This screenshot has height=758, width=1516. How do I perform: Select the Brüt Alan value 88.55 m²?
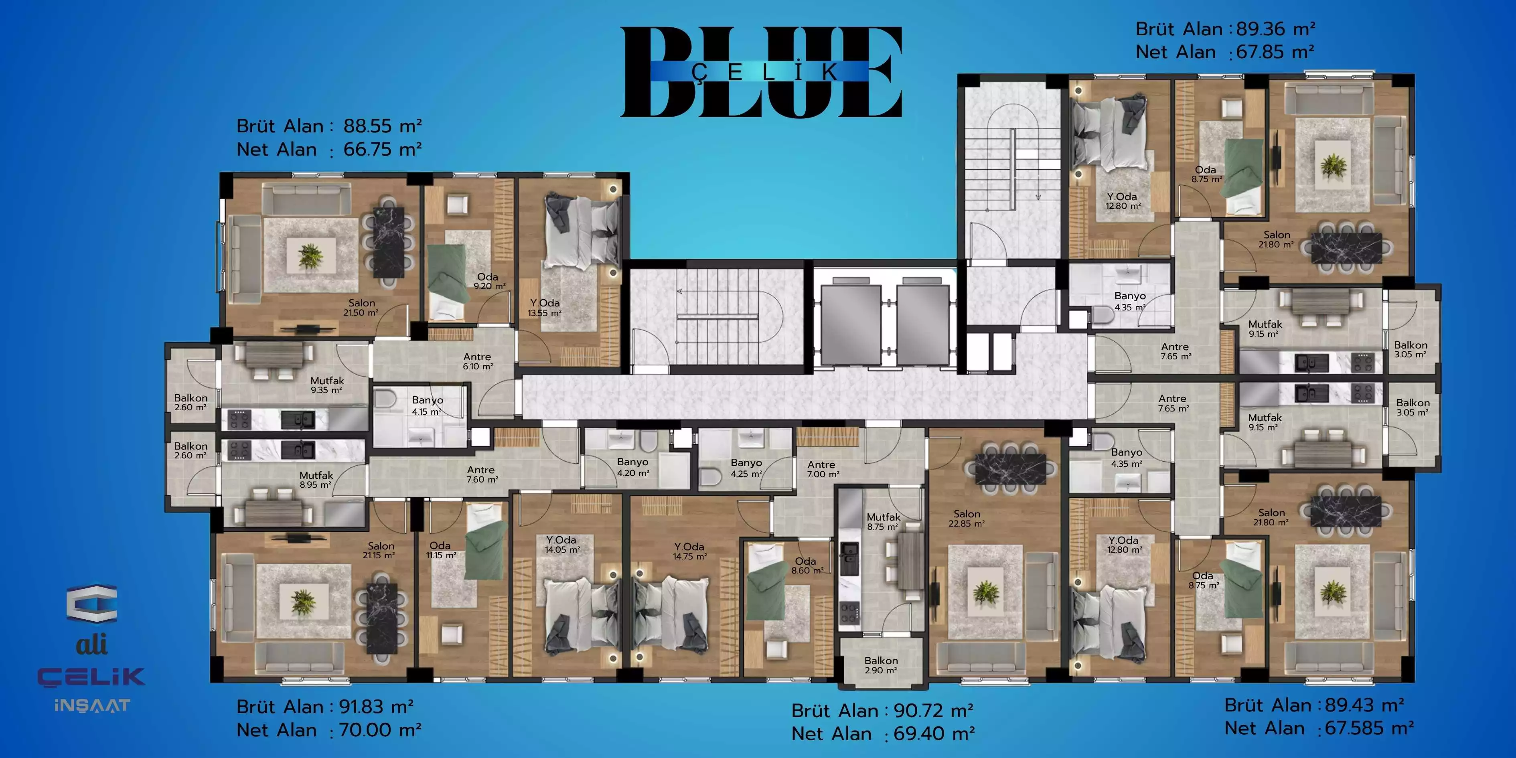[x=383, y=126]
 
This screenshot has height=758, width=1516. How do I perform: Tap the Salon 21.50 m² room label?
[x=361, y=307]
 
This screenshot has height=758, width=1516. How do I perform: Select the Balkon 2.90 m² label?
[x=881, y=665]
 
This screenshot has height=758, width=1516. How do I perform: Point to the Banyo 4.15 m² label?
[x=427, y=405]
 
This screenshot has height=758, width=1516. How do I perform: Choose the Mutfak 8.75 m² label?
[x=884, y=521]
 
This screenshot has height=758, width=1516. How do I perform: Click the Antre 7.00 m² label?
[x=822, y=469]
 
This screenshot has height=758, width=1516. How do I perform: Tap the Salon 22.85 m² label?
[x=966, y=519]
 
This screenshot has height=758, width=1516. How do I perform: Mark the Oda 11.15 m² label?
[x=441, y=550]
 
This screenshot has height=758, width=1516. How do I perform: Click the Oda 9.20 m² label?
[x=489, y=281]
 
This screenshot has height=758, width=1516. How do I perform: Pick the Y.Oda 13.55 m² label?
[x=544, y=308]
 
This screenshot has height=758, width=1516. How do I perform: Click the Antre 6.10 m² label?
[x=477, y=361]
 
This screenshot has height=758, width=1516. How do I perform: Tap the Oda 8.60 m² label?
[x=807, y=565]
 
